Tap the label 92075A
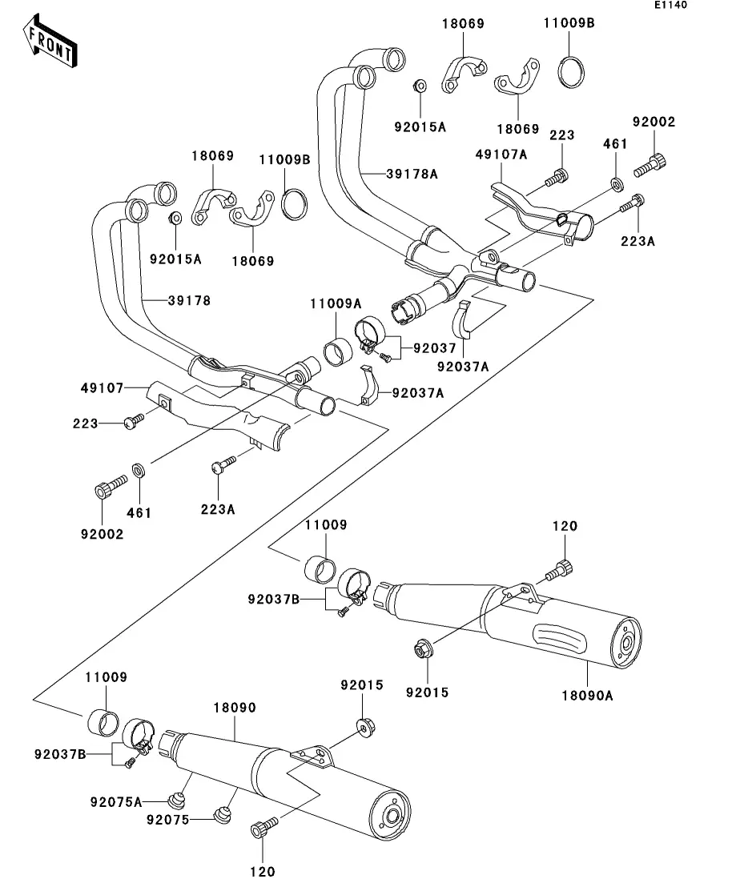click(x=116, y=802)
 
